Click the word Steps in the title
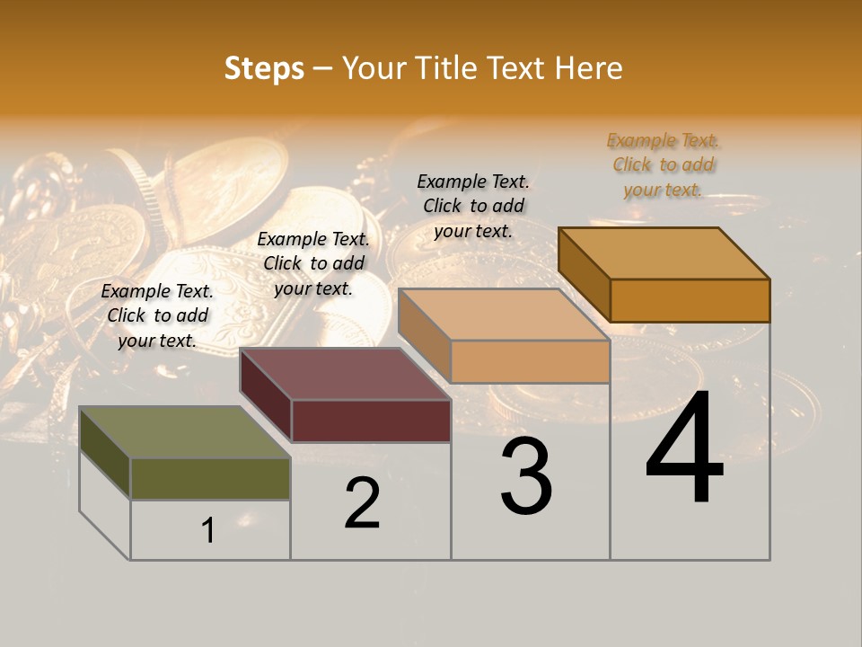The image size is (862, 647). click(x=264, y=68)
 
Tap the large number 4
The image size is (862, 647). click(x=684, y=449)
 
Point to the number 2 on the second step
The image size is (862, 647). click(x=362, y=503)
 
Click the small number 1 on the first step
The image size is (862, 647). click(x=207, y=531)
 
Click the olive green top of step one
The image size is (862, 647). click(x=184, y=432)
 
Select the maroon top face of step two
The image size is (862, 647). click(x=345, y=374)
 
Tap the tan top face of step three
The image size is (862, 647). click(x=503, y=315)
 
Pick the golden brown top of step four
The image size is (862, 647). click(x=664, y=253)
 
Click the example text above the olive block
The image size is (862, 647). click(x=157, y=315)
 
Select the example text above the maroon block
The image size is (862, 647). click(x=313, y=263)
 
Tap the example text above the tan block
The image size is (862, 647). click(x=473, y=206)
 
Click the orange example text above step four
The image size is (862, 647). click(x=663, y=164)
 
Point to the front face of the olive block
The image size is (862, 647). click(x=210, y=478)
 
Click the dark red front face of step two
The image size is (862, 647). click(x=371, y=421)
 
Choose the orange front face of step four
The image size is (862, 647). click(x=690, y=300)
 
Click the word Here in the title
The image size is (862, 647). click(x=589, y=68)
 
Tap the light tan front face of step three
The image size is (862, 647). click(x=530, y=361)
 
